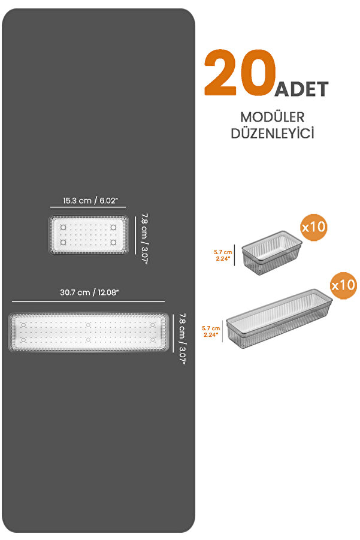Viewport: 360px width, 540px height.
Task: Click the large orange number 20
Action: (x=240, y=73)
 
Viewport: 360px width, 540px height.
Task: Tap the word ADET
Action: (x=301, y=89)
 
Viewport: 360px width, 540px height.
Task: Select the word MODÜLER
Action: (x=272, y=117)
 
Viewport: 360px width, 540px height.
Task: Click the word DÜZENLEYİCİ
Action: (x=272, y=133)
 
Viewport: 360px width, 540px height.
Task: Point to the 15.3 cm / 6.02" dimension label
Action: (x=90, y=200)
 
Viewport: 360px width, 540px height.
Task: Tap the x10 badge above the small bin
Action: (x=313, y=227)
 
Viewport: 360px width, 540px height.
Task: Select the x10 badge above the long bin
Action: (x=343, y=285)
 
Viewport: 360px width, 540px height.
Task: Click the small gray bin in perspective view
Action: (x=272, y=253)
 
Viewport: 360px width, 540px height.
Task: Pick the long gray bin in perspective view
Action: (x=279, y=318)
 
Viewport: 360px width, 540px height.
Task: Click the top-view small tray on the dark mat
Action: (x=89, y=235)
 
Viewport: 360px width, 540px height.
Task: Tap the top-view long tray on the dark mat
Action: (x=89, y=332)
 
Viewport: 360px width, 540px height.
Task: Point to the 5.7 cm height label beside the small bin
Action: (x=223, y=255)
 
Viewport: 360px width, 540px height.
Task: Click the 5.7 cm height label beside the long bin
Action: (x=211, y=331)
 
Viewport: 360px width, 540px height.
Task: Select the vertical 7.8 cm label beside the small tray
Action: (x=144, y=239)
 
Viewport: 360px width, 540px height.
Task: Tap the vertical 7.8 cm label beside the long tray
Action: (x=182, y=339)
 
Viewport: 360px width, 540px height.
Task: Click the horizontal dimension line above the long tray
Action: (x=89, y=301)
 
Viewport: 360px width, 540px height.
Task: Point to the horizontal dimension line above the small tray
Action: (x=88, y=207)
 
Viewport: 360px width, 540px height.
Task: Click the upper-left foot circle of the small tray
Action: (x=63, y=227)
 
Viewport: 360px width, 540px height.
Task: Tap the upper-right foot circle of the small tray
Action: (x=113, y=227)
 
